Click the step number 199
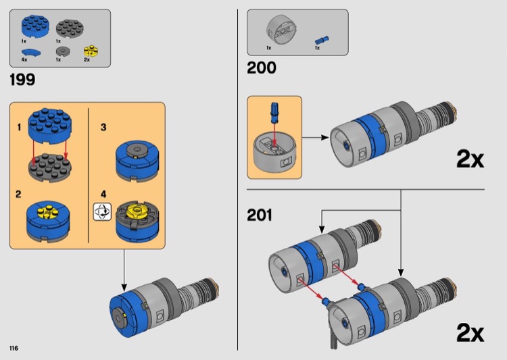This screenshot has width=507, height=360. (22, 80)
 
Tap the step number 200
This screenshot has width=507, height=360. (262, 68)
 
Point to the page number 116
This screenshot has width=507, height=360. (14, 348)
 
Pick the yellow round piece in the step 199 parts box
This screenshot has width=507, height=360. (87, 51)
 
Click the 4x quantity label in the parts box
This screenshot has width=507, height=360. (24, 60)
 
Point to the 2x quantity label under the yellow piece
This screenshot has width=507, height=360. (87, 60)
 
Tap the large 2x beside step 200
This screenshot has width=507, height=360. (470, 159)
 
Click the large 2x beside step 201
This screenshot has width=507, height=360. (470, 333)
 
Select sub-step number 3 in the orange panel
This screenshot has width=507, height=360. (103, 127)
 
